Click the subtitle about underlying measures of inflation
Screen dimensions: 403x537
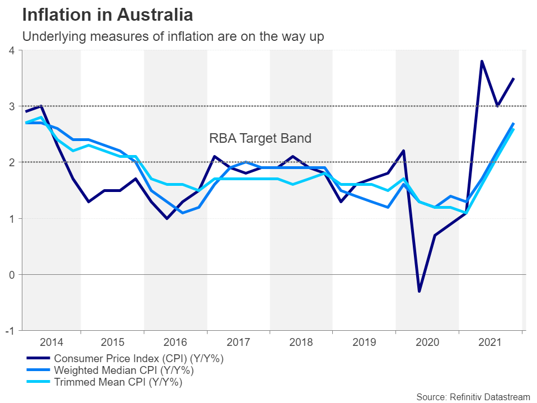click(173, 36)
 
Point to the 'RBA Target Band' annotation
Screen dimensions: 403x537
click(260, 138)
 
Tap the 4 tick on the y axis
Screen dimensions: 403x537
click(11, 50)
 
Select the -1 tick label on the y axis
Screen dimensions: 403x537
click(10, 331)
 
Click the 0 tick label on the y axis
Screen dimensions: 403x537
click(11, 275)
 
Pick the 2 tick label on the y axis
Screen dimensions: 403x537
click(11, 162)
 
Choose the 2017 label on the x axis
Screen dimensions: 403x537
click(238, 343)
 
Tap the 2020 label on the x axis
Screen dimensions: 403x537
click(427, 343)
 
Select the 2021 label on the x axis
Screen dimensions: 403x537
click(490, 343)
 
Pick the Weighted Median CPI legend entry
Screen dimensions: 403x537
click(124, 371)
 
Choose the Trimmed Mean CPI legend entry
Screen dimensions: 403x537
click(118, 383)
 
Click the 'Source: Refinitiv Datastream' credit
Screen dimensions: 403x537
click(473, 397)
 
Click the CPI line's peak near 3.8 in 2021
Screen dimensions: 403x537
click(482, 61)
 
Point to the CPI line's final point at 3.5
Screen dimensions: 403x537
click(514, 78)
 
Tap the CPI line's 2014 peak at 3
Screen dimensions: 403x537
click(41, 106)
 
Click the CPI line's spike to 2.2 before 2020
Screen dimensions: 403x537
click(403, 151)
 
